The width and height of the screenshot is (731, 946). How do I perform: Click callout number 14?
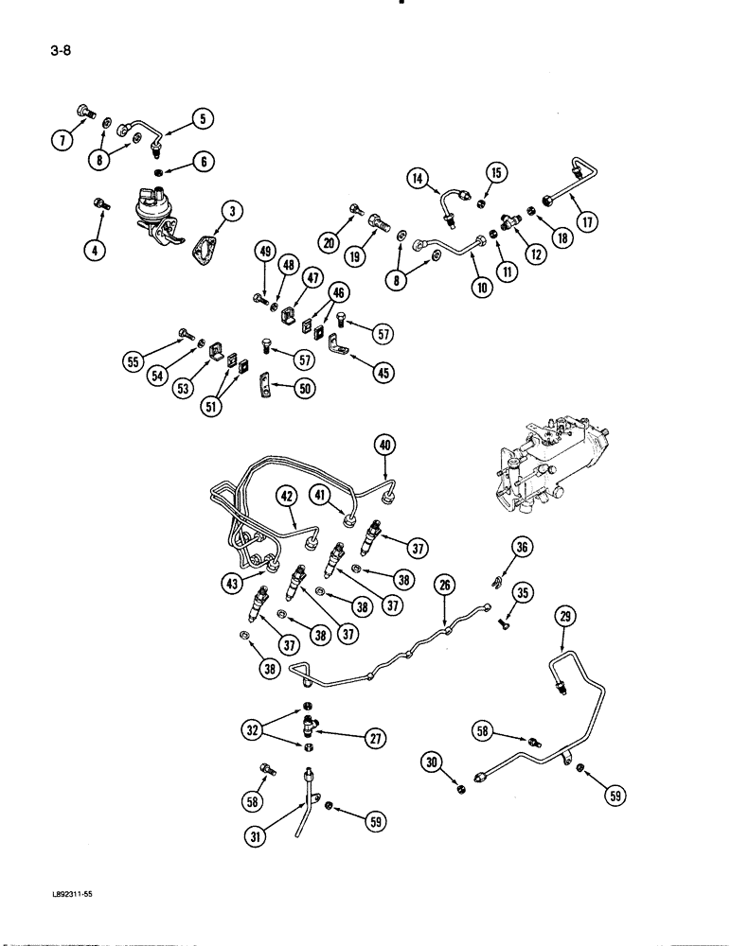419,177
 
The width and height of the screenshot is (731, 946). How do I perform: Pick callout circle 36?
522,545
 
